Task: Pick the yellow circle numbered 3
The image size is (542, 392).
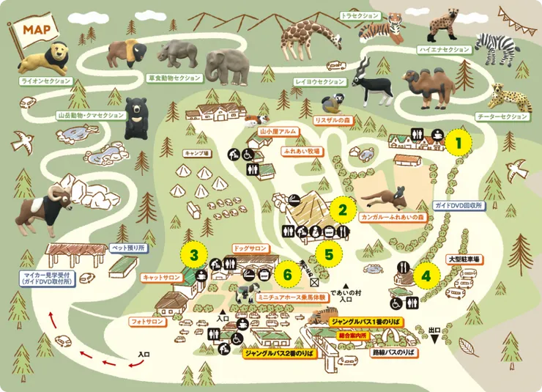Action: point(193,255)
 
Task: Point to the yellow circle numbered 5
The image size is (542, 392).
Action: point(330,255)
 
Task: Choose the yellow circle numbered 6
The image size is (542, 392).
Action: point(288,275)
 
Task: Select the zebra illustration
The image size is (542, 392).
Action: point(497,45)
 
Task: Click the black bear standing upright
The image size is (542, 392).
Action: point(135,119)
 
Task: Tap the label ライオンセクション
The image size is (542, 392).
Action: point(46,81)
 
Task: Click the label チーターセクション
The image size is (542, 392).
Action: point(502,117)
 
